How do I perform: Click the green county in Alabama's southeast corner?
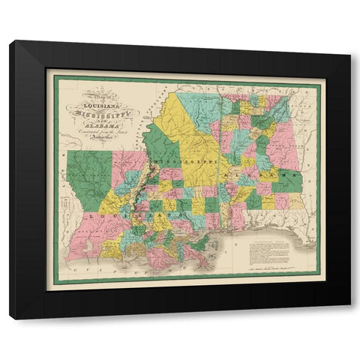point(289,181)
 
